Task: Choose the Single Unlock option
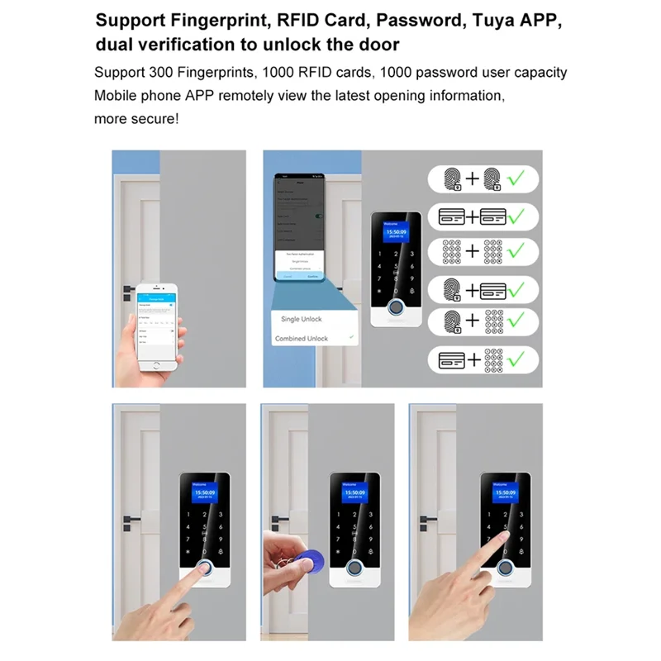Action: point(302,319)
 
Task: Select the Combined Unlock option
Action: point(301,339)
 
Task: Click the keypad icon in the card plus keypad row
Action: point(495,359)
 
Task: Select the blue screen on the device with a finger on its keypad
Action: point(505,493)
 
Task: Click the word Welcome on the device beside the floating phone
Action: point(391,224)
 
